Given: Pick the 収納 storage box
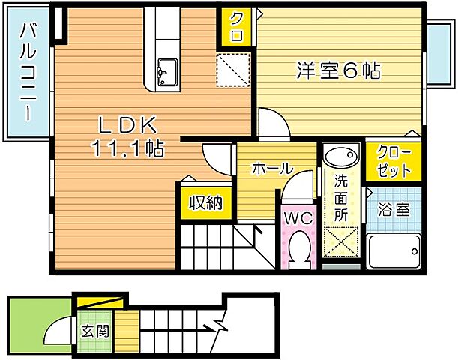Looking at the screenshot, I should tap(205, 202).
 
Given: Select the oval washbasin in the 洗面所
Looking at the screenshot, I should tap(343, 157).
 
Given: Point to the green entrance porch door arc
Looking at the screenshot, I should tap(56, 331).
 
